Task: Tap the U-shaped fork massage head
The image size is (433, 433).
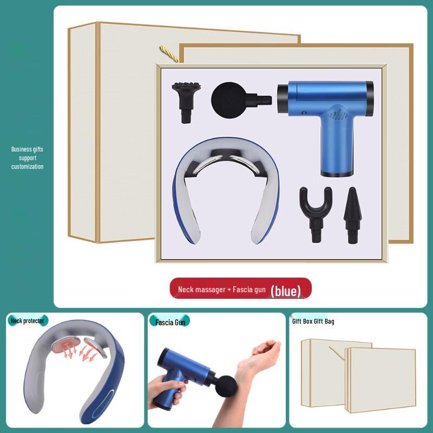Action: pyautogui.click(x=316, y=213)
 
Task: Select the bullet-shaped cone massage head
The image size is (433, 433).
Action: pyautogui.click(x=352, y=215)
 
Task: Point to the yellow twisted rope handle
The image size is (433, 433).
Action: pyautogui.click(x=169, y=54)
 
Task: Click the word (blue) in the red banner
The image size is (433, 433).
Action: pyautogui.click(x=286, y=291)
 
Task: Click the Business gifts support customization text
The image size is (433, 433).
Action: pyautogui.click(x=28, y=158)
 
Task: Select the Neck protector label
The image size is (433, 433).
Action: pyautogui.click(x=28, y=321)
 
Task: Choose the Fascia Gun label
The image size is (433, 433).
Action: pyautogui.click(x=170, y=322)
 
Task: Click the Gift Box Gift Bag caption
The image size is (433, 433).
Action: pyautogui.click(x=313, y=321)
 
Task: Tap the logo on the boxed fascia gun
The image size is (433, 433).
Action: pyautogui.click(x=337, y=115)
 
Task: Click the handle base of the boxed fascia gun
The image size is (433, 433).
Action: pyautogui.click(x=337, y=173)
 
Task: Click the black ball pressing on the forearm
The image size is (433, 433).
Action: pyautogui.click(x=225, y=387)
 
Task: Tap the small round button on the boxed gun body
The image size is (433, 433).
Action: pyautogui.click(x=304, y=113)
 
